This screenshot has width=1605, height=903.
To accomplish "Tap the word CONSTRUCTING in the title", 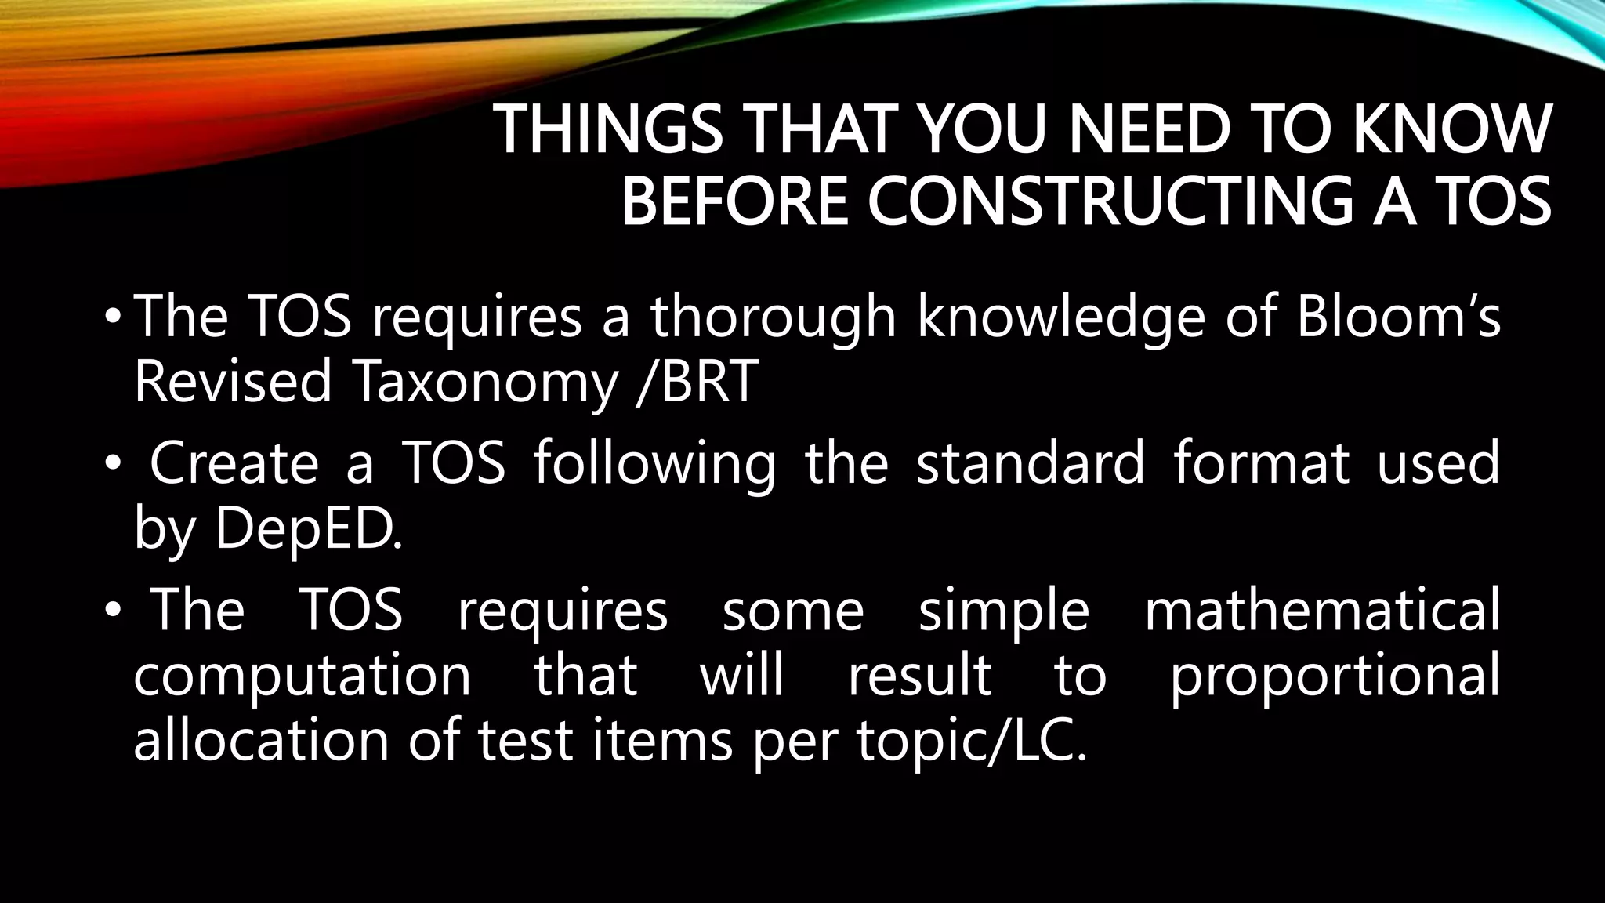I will pyautogui.click(x=1110, y=201).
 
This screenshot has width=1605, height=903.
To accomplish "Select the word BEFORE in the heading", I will pyautogui.click(x=734, y=201).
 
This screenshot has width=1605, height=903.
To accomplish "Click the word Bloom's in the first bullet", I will pyautogui.click(x=1398, y=317).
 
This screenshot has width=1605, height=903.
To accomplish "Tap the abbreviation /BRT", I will pyautogui.click(x=697, y=383).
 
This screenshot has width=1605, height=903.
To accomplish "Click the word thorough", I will pyautogui.click(x=773, y=317).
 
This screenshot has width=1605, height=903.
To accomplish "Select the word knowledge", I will pyautogui.click(x=1061, y=317).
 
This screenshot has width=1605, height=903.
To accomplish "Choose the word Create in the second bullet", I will pyautogui.click(x=234, y=462).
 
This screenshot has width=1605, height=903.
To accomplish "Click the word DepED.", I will pyautogui.click(x=308, y=529).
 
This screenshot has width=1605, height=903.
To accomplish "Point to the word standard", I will pyautogui.click(x=1031, y=462).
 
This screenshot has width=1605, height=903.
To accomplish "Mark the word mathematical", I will pyautogui.click(x=1321, y=610).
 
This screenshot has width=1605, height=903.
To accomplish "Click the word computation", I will pyautogui.click(x=303, y=675).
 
